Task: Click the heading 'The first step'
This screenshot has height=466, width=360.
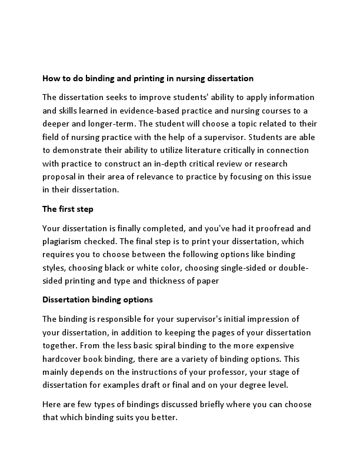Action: click(68, 209)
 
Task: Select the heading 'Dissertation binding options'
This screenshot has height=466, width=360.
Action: click(98, 299)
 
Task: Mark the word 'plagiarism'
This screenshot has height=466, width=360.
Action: click(63, 241)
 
